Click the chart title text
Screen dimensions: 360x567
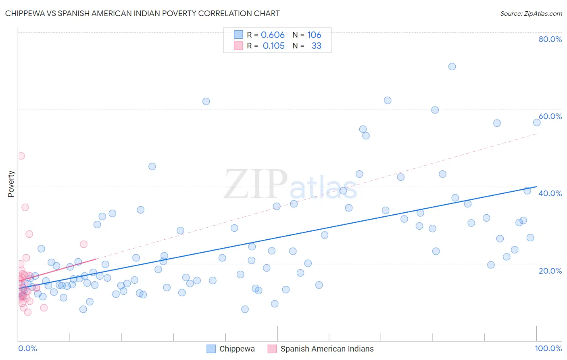142,13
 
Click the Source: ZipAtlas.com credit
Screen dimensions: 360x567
531,13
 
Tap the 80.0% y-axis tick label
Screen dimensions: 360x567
550,39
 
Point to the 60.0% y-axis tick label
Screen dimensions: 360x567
550,116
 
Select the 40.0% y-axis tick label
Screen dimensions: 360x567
550,193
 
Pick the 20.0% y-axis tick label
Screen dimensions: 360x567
550,270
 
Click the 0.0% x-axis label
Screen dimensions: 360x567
27,348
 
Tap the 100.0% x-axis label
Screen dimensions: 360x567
548,348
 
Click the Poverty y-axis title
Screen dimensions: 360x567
11,184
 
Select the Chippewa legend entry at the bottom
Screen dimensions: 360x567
237,349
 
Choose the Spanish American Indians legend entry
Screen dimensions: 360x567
327,349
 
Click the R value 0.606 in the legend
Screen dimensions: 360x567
273,35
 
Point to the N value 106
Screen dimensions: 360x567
314,35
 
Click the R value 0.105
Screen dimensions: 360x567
273,46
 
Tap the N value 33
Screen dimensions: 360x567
317,46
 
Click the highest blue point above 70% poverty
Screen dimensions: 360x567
452,67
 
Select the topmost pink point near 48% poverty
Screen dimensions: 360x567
21,156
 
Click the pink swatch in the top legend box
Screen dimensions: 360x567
238,46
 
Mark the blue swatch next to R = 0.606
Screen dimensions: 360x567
238,35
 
